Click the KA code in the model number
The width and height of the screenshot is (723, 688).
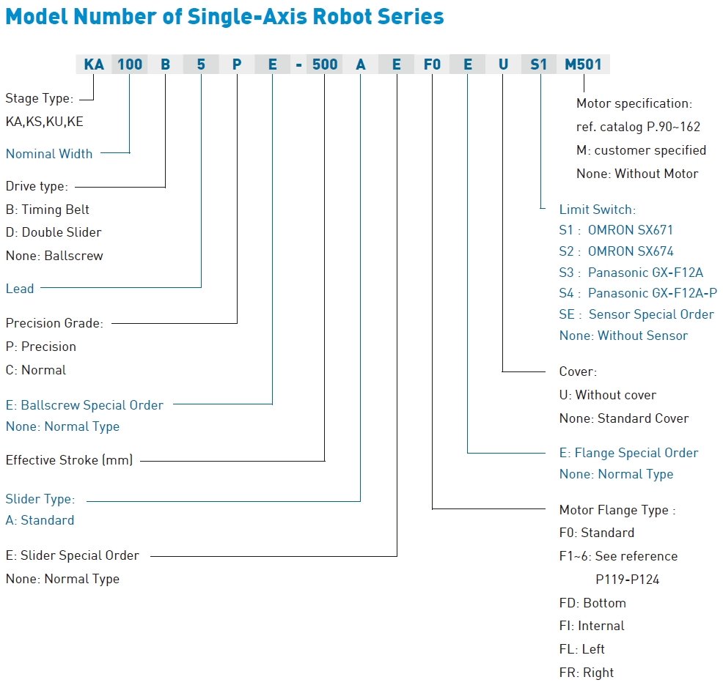point(94,64)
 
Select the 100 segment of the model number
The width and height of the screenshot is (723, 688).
point(130,64)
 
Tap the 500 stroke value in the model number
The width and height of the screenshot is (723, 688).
point(325,64)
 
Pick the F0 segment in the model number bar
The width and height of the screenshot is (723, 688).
point(432,64)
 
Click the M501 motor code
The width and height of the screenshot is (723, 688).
point(583,64)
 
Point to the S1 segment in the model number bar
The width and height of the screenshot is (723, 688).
point(538,64)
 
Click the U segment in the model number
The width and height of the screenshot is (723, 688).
point(503,64)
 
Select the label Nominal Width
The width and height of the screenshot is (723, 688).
point(49,153)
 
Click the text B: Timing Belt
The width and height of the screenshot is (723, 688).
point(47,210)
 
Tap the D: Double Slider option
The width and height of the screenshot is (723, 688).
point(54,232)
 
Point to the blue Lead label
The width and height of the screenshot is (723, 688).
point(20,289)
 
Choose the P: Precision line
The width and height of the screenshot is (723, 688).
point(40,347)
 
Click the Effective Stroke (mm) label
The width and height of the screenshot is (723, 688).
point(69,460)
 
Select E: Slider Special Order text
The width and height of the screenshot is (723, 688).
point(72,555)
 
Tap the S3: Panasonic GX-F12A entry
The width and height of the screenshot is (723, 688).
point(631,273)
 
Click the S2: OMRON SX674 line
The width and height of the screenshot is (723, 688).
point(616,251)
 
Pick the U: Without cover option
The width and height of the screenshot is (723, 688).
point(607,395)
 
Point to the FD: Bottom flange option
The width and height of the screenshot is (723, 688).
point(592,603)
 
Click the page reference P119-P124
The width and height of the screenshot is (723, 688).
point(627,580)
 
